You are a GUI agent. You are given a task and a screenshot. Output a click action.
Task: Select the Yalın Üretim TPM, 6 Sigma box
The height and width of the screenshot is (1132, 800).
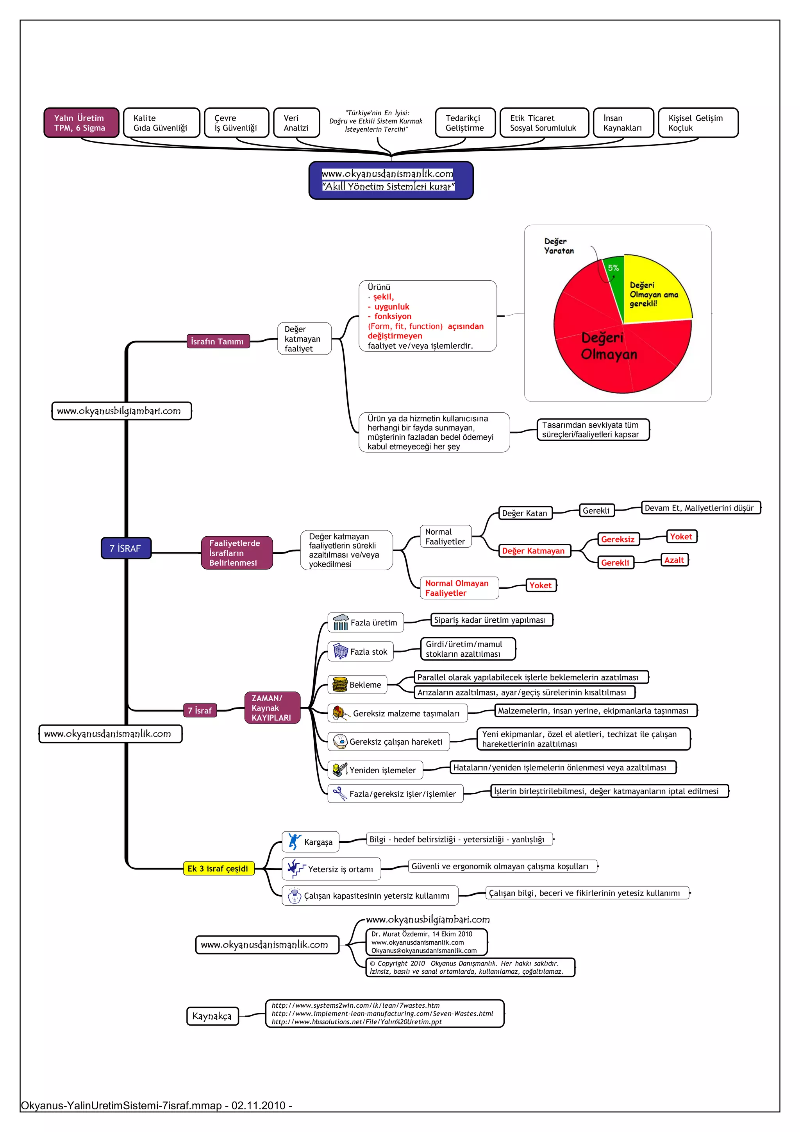tap(81, 123)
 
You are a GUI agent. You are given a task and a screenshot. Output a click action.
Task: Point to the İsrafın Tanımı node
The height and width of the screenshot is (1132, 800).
tap(218, 341)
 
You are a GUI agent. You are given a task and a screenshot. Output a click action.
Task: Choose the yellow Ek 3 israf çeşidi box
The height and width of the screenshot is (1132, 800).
tap(218, 868)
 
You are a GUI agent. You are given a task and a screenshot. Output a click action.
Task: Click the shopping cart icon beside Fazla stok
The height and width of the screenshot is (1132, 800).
tap(340, 651)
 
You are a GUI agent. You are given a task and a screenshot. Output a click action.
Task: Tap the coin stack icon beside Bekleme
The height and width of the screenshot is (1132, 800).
tap(340, 684)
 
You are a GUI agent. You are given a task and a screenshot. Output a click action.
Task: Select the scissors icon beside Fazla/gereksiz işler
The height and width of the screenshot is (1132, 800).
tap(340, 793)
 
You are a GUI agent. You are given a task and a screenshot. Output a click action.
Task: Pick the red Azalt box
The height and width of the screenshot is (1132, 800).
tap(674, 560)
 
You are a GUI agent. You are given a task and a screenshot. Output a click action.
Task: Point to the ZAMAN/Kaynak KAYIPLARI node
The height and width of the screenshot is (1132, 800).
tap(272, 707)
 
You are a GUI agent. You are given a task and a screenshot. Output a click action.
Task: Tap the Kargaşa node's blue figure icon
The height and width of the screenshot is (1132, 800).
tap(294, 841)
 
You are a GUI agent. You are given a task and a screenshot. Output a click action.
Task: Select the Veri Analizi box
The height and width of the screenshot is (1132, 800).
tap(296, 123)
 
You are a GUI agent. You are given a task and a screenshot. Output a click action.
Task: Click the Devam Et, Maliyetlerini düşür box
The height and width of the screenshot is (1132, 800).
tap(700, 508)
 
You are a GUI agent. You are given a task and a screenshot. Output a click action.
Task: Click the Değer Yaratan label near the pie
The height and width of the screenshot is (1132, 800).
tap(559, 245)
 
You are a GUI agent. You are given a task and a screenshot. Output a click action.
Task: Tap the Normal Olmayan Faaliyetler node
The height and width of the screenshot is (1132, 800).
tap(459, 587)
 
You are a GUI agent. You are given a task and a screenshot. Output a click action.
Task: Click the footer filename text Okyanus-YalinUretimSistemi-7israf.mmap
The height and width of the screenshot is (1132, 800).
tap(121, 1105)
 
